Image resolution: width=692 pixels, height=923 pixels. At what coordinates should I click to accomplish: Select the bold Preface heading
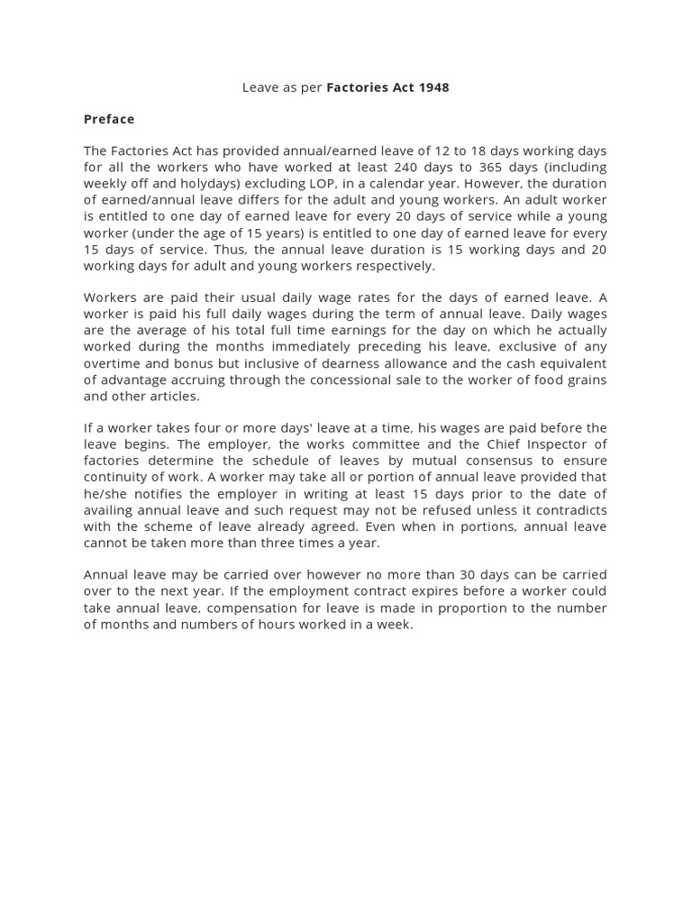(109, 119)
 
